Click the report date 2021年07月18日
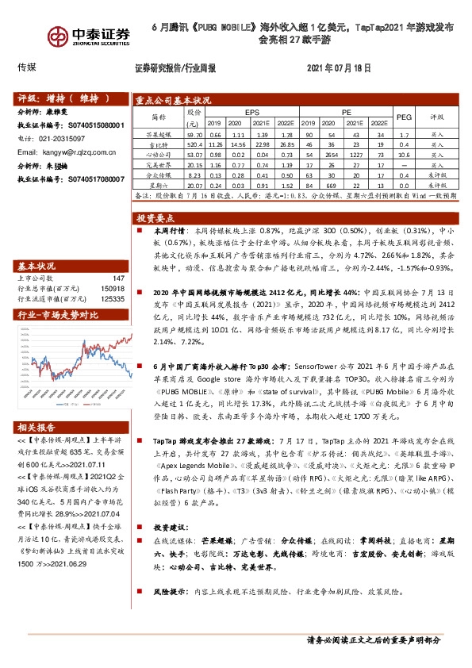[338, 68]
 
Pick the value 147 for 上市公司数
[119, 278]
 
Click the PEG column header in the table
[404, 117]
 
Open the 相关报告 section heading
[36, 426]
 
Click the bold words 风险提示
[169, 593]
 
